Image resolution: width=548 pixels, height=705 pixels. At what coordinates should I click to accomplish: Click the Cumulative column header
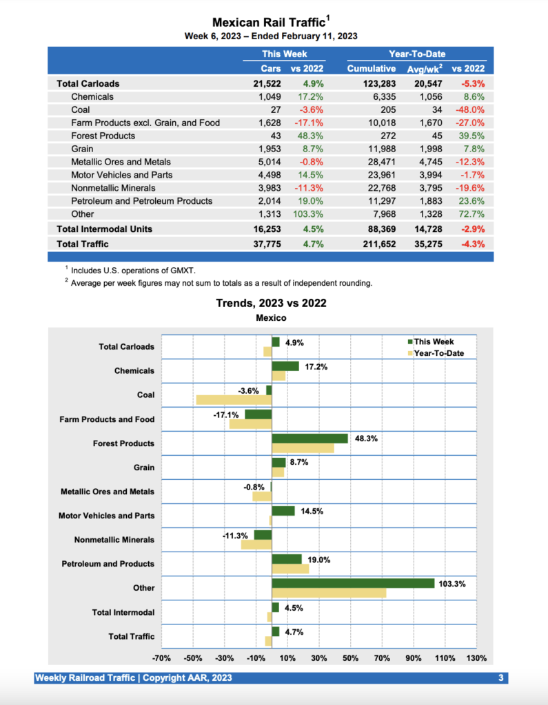(x=371, y=69)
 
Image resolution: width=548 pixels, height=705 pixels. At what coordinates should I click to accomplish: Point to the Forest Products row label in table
(x=103, y=136)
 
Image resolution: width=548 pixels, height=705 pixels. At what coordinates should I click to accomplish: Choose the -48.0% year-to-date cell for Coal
(x=470, y=109)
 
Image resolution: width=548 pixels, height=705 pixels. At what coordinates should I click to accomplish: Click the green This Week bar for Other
(x=353, y=583)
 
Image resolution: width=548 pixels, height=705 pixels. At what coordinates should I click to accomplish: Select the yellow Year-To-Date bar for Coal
(x=234, y=399)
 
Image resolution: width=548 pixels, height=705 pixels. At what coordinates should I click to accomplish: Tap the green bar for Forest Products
(x=309, y=439)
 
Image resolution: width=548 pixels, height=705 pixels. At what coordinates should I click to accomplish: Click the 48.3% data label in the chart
(x=366, y=439)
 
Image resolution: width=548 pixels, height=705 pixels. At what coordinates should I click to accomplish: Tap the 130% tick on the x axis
(x=476, y=658)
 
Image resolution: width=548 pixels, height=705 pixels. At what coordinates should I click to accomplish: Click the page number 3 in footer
(x=501, y=678)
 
